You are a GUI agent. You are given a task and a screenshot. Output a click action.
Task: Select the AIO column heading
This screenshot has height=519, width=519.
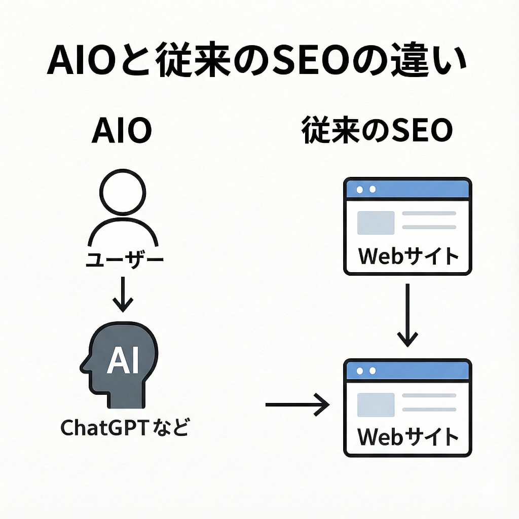[122, 132]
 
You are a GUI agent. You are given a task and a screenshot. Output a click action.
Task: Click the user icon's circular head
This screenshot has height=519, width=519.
[123, 193]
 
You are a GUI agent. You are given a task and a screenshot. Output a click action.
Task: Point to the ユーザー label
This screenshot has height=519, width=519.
[124, 261]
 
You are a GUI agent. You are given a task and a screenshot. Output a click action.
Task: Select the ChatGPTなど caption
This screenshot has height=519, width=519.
[124, 428]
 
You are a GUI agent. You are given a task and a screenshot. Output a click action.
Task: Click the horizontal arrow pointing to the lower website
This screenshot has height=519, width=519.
[296, 404]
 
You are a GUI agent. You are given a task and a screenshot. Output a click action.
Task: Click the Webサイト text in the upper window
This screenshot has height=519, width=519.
[408, 256]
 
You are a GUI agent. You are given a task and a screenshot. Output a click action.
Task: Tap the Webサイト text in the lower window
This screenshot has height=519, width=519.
[408, 437]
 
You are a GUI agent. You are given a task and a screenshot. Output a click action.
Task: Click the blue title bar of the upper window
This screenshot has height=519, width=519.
[408, 189]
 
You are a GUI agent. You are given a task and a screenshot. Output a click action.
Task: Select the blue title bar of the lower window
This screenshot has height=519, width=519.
[408, 370]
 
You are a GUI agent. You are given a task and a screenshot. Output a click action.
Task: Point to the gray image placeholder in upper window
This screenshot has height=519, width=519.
[376, 223]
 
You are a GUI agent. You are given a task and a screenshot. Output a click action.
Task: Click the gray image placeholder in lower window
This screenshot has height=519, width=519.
[376, 404]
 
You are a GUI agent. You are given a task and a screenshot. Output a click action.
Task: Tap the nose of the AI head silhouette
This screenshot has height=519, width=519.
[83, 363]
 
